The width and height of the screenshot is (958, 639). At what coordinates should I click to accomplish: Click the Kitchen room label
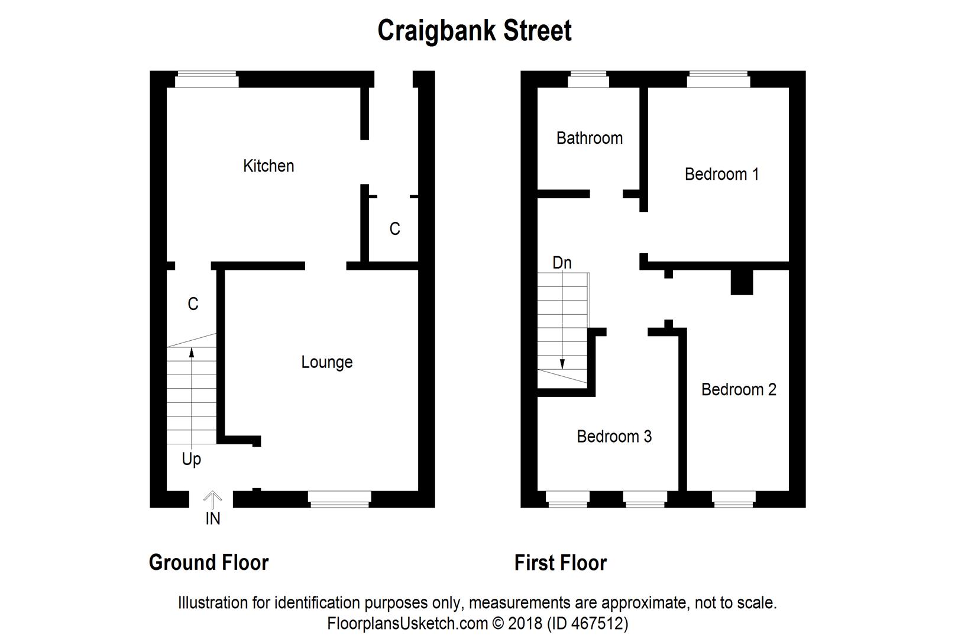click(268, 166)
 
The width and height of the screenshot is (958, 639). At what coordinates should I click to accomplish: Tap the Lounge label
click(326, 362)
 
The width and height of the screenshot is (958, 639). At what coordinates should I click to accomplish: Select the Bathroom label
click(589, 138)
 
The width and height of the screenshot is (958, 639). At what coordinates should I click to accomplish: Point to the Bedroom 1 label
click(721, 175)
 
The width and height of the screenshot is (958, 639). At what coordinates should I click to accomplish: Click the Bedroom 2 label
click(739, 390)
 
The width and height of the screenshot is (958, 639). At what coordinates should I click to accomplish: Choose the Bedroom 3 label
click(614, 437)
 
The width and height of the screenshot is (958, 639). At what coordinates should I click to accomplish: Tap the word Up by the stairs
click(191, 459)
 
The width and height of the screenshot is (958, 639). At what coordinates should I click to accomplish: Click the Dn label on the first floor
click(562, 263)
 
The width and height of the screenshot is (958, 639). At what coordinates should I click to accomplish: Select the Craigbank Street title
click(474, 31)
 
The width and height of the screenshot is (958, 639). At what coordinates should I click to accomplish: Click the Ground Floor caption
click(209, 562)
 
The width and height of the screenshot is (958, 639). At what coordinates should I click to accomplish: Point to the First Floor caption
click(560, 563)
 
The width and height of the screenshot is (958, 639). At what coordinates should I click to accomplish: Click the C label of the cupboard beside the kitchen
click(394, 229)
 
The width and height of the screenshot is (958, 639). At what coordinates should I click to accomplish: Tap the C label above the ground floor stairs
click(193, 304)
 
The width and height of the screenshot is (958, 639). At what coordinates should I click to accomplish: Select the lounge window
click(340, 499)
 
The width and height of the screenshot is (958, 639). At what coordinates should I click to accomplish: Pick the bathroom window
click(588, 79)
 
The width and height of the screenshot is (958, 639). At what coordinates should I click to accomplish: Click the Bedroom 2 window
click(734, 499)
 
